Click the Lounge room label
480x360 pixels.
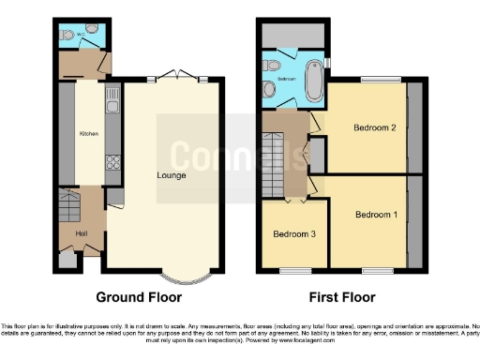pos(172,174)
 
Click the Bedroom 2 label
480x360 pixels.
pos(371,127)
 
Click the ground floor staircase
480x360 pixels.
pos(70,202)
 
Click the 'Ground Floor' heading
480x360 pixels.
pos(139,297)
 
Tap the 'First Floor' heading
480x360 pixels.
pos(340,297)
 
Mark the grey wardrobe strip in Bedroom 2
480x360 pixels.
pos(414,128)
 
